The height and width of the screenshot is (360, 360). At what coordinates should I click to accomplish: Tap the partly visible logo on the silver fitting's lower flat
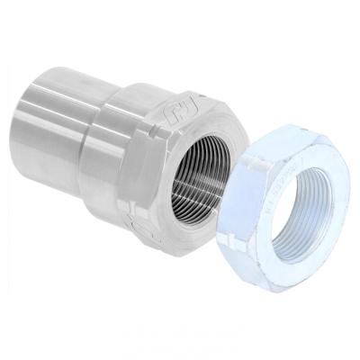click(x=136, y=219)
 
